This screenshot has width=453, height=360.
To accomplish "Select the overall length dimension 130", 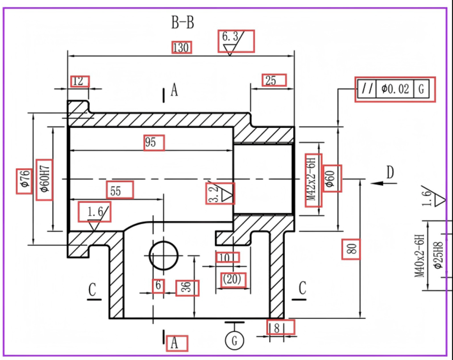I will point(181,47).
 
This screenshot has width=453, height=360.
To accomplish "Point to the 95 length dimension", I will point(151,143).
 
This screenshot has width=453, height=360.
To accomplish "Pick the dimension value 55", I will point(116,191).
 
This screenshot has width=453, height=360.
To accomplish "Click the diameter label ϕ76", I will point(24,181).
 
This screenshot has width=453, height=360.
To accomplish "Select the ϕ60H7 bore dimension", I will point(44,180).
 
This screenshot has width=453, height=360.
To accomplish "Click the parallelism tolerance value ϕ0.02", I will point(395,89).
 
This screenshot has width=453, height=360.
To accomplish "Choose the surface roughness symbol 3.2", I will point(219,194).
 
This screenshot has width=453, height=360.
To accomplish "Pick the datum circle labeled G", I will point(234,340).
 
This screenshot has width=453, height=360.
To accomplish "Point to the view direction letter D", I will point(390,173).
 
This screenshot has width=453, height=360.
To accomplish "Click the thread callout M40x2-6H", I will point(419,256).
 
